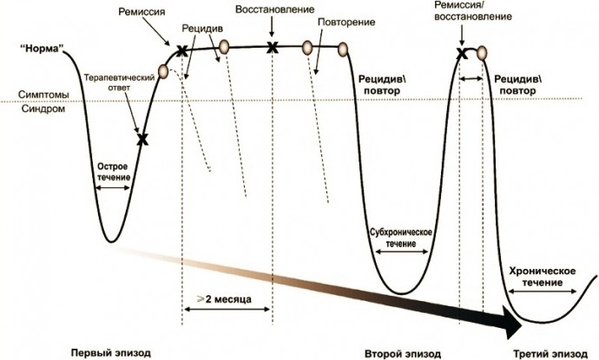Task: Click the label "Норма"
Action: (x=42, y=49)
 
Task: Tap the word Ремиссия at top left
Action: (x=142, y=12)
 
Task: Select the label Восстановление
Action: (x=274, y=10)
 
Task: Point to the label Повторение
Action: (x=346, y=23)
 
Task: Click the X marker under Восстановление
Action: (x=272, y=48)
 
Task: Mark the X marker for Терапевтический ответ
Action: (x=142, y=140)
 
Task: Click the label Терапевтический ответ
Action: (x=119, y=82)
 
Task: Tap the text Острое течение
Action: (x=114, y=172)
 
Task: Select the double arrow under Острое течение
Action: (x=113, y=188)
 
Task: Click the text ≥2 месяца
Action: (x=224, y=299)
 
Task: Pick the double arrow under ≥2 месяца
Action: (x=227, y=309)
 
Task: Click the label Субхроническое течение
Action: (x=401, y=238)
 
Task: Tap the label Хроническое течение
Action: (x=543, y=277)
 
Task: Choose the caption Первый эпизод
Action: (x=111, y=353)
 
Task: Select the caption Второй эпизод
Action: (x=403, y=354)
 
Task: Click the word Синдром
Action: (x=43, y=108)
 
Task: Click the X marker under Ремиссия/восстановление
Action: (x=462, y=54)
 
